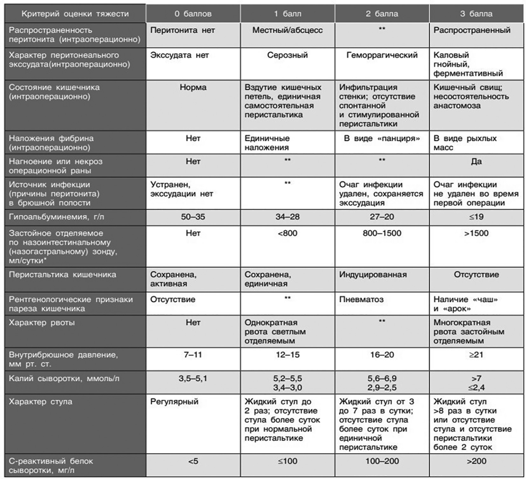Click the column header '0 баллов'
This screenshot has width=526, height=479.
pyautogui.click(x=193, y=14)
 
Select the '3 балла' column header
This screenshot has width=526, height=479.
pyautogui.click(x=476, y=14)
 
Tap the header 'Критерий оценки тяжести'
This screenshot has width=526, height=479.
pyautogui.click(x=75, y=14)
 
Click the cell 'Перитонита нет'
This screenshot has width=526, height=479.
pyautogui.click(x=183, y=30)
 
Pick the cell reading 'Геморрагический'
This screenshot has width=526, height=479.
pyautogui.click(x=382, y=55)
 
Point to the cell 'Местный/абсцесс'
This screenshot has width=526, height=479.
pyautogui.click(x=287, y=30)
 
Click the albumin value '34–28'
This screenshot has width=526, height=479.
pyautogui.click(x=287, y=217)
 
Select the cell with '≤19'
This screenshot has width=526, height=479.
pyautogui.click(x=476, y=217)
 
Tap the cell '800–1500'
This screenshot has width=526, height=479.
pyautogui.click(x=382, y=233)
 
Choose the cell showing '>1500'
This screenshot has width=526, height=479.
pyautogui.click(x=476, y=233)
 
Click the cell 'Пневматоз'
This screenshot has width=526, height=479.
pyautogui.click(x=361, y=299)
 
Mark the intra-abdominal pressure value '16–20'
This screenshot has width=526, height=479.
pyautogui.click(x=382, y=355)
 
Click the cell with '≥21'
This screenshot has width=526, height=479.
pyautogui.click(x=476, y=355)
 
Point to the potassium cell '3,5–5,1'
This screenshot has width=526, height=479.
pyautogui.click(x=193, y=378)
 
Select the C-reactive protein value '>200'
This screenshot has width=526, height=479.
pyautogui.click(x=476, y=461)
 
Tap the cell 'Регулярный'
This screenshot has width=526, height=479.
pyautogui.click(x=174, y=401)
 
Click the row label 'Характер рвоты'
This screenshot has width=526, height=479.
pyautogui.click(x=42, y=323)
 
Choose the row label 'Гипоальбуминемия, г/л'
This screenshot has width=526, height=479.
pyautogui.click(x=56, y=217)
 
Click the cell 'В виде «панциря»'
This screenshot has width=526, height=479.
pyautogui.click(x=382, y=138)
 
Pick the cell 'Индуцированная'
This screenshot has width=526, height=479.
pyautogui.click(x=373, y=274)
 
